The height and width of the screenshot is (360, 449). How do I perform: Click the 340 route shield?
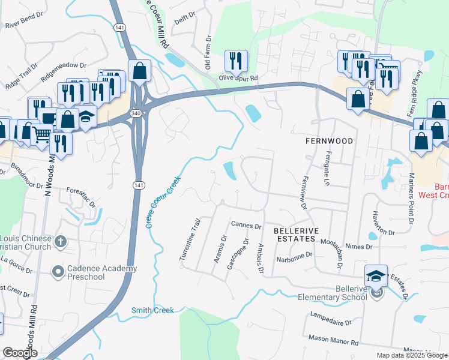coord(137,114)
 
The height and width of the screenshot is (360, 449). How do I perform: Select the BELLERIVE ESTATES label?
coord(294,235)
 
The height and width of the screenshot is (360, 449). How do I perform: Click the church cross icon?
coord(59,241)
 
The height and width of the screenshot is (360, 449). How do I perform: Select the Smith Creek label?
coord(152,310)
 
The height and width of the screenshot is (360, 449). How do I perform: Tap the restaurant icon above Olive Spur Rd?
coord(235,60)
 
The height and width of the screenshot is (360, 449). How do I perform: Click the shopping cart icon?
coord(41,135)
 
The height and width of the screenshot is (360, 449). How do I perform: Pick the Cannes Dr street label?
coord(246,226)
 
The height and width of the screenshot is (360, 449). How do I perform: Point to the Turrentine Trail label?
coord(189,239)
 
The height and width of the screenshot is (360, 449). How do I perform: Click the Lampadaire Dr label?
coord(331,319)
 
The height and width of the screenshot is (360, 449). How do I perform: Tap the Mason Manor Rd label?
coord(333,340)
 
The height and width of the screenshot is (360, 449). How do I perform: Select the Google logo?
coord(20,353)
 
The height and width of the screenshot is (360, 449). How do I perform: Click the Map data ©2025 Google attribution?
coord(411,355)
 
